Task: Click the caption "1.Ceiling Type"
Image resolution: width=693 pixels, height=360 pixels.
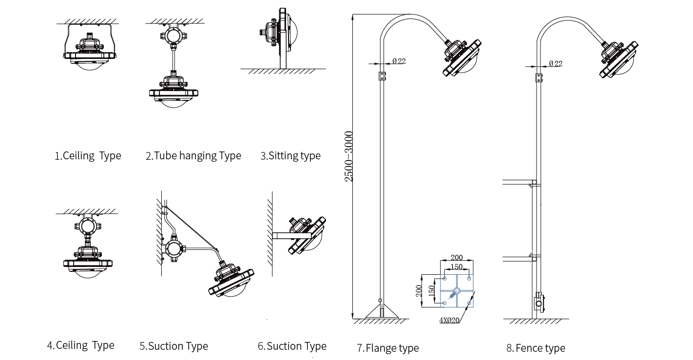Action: click(x=88, y=155)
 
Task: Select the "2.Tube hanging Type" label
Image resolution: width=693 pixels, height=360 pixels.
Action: click(x=193, y=155)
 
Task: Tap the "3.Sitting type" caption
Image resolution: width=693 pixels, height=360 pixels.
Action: click(x=290, y=155)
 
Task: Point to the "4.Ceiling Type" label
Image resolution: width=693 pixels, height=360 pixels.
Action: click(x=81, y=345)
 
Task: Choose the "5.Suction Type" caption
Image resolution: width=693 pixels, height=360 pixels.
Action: click(x=174, y=346)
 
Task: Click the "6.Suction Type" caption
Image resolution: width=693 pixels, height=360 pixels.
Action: click(x=292, y=346)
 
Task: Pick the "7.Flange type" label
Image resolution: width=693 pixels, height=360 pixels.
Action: click(x=388, y=348)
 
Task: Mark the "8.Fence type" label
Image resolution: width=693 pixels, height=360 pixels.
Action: click(x=536, y=348)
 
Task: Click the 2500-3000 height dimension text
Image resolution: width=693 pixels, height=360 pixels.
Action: click(x=348, y=156)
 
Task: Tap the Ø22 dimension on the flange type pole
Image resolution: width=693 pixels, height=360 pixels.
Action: click(x=399, y=61)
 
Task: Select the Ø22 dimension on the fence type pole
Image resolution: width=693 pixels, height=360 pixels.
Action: click(x=556, y=64)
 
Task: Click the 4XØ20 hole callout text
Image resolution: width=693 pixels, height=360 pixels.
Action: click(x=449, y=321)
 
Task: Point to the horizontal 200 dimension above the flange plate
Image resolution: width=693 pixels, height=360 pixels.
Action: click(x=457, y=257)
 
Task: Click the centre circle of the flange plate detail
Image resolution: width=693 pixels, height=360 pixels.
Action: click(x=457, y=291)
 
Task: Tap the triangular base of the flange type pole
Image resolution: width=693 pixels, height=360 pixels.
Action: click(x=382, y=311)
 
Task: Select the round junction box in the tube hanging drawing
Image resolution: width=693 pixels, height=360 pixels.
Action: click(x=174, y=36)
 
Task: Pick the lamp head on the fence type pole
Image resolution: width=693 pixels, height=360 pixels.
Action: click(x=618, y=59)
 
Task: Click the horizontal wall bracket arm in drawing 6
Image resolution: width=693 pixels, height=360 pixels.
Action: click(x=292, y=236)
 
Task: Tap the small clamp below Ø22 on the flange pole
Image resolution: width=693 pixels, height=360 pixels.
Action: click(x=383, y=76)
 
